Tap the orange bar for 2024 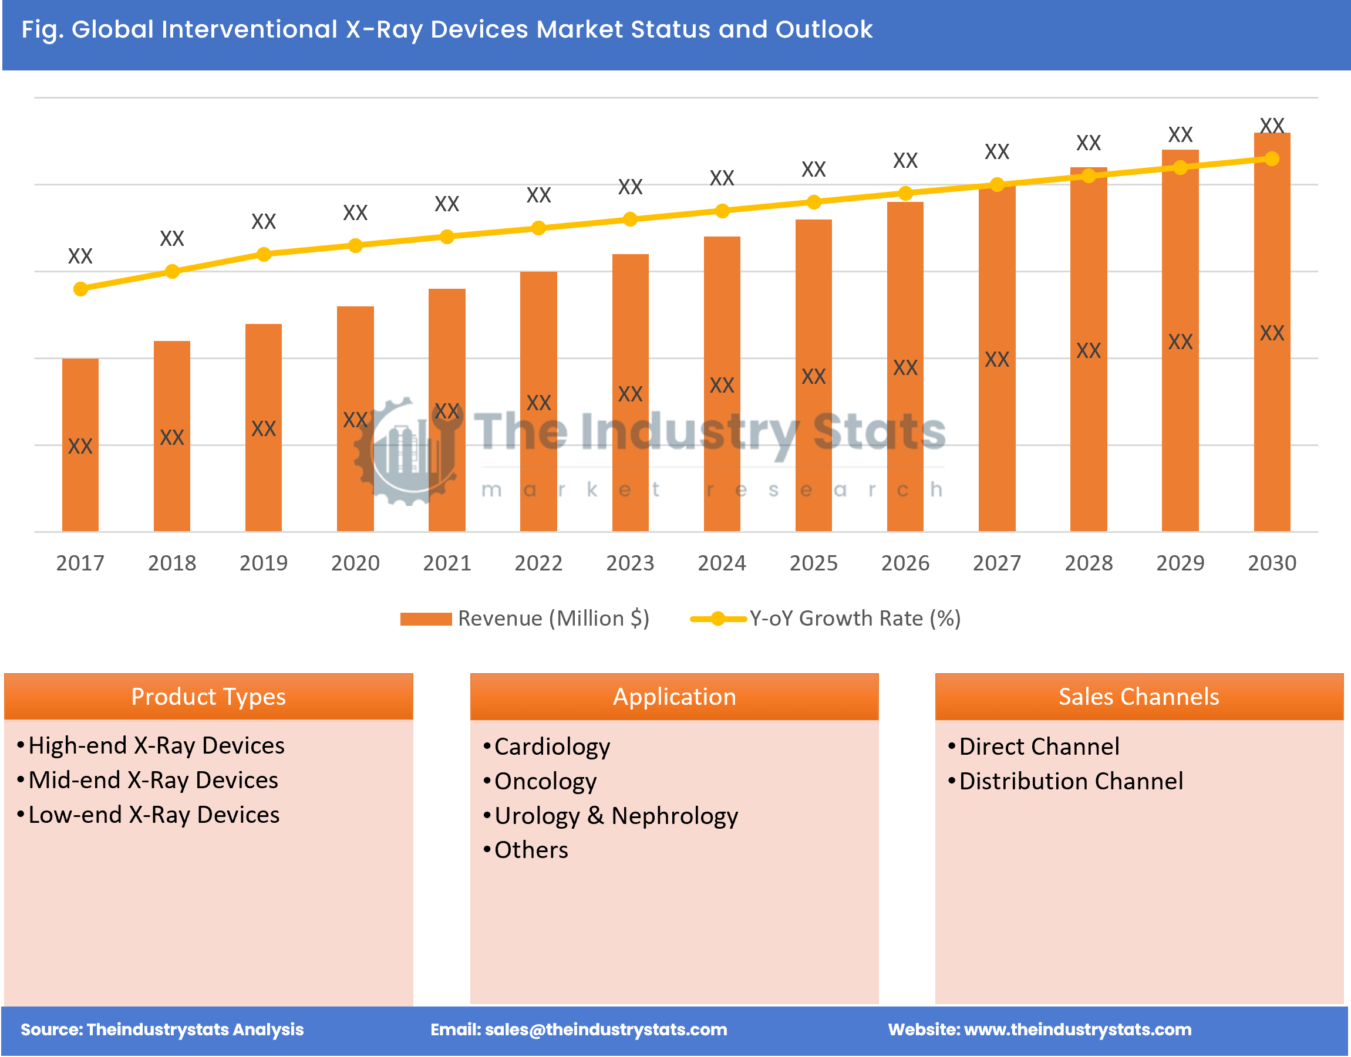722,384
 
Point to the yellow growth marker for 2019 264,254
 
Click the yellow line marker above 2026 905,194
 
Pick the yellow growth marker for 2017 80,289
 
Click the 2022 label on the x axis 538,562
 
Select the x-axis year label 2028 1088,562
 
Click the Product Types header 208,697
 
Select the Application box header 673,697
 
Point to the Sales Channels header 1138,697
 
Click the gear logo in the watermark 406,452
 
